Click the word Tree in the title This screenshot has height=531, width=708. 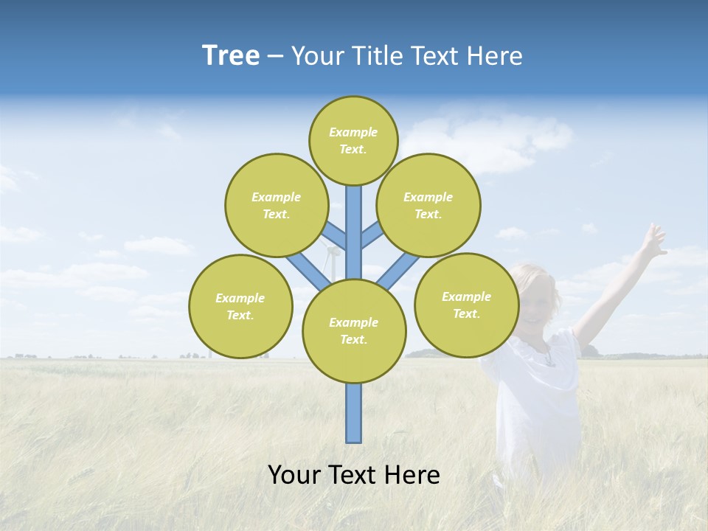231,56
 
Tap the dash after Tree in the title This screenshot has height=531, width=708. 275,57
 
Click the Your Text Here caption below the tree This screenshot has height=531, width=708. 354,475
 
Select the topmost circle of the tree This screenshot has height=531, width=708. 353,140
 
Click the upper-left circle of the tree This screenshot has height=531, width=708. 276,205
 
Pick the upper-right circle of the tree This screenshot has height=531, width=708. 428,205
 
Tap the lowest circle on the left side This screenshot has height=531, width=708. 240,306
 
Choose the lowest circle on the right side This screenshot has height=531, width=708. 466,305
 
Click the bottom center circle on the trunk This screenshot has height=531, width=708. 354,331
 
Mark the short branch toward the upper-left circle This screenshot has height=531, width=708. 334,236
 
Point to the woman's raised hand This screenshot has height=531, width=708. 652,240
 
